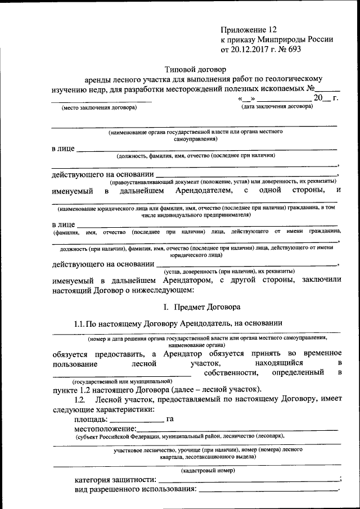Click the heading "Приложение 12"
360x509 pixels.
pyautogui.click(x=249, y=28)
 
